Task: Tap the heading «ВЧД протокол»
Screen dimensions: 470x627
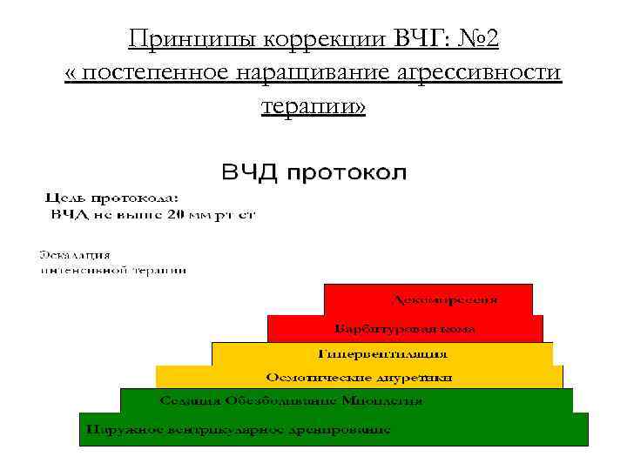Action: (313, 171)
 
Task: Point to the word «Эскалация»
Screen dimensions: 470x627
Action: (75, 255)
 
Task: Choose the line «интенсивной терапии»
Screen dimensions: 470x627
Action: (114, 271)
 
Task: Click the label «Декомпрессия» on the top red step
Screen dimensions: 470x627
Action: (446, 300)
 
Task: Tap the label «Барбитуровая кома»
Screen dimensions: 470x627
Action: (406, 329)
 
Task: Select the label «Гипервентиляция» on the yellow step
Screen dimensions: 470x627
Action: (382, 354)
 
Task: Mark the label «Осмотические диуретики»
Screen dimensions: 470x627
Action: (359, 378)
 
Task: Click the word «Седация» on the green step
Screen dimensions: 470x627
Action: (190, 401)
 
